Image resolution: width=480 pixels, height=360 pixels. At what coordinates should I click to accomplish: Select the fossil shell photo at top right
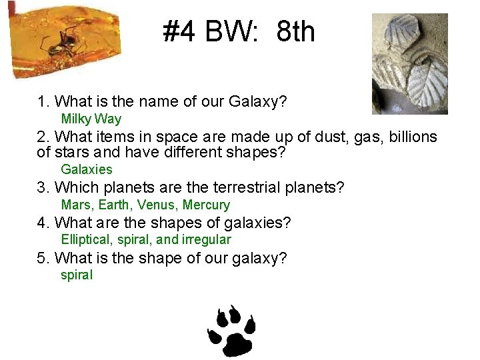point(409,63)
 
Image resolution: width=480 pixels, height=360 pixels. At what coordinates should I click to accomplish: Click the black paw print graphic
point(232,331)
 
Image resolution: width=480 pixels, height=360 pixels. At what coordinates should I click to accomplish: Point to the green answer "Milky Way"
point(91,119)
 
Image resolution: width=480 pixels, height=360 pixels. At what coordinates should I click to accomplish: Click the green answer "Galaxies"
point(87,169)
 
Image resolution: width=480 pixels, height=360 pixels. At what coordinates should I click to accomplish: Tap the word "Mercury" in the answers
point(206,205)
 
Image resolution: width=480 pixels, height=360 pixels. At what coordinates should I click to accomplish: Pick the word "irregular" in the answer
point(206,239)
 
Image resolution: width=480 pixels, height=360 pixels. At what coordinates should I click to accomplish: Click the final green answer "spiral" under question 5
point(77,275)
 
